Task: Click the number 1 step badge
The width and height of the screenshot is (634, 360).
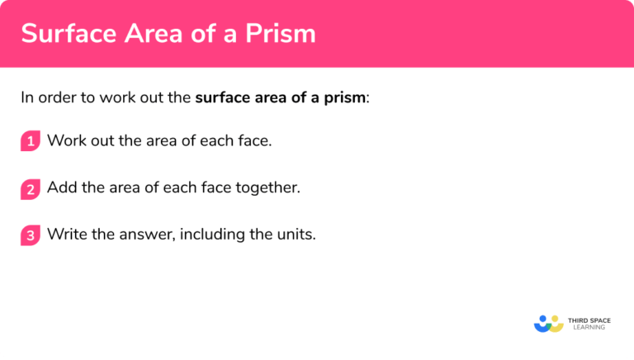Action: (31, 141)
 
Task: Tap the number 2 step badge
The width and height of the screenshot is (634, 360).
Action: (31, 188)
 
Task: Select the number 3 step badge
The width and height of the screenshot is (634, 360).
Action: (31, 235)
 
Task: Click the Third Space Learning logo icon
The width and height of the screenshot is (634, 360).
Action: (548, 323)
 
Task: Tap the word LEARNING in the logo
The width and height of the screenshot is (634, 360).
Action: (589, 328)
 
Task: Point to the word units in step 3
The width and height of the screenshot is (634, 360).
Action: (296, 234)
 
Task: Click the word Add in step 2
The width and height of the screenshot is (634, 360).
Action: (60, 187)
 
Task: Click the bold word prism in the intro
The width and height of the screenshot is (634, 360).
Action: (346, 97)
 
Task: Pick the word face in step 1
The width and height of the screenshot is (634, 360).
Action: (253, 140)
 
